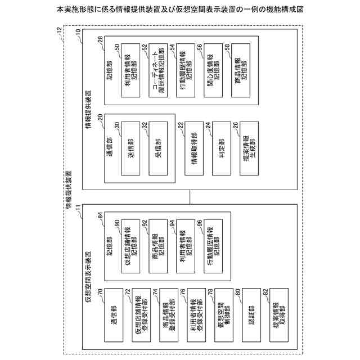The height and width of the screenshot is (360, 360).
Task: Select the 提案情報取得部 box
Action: click(x=276, y=315)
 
